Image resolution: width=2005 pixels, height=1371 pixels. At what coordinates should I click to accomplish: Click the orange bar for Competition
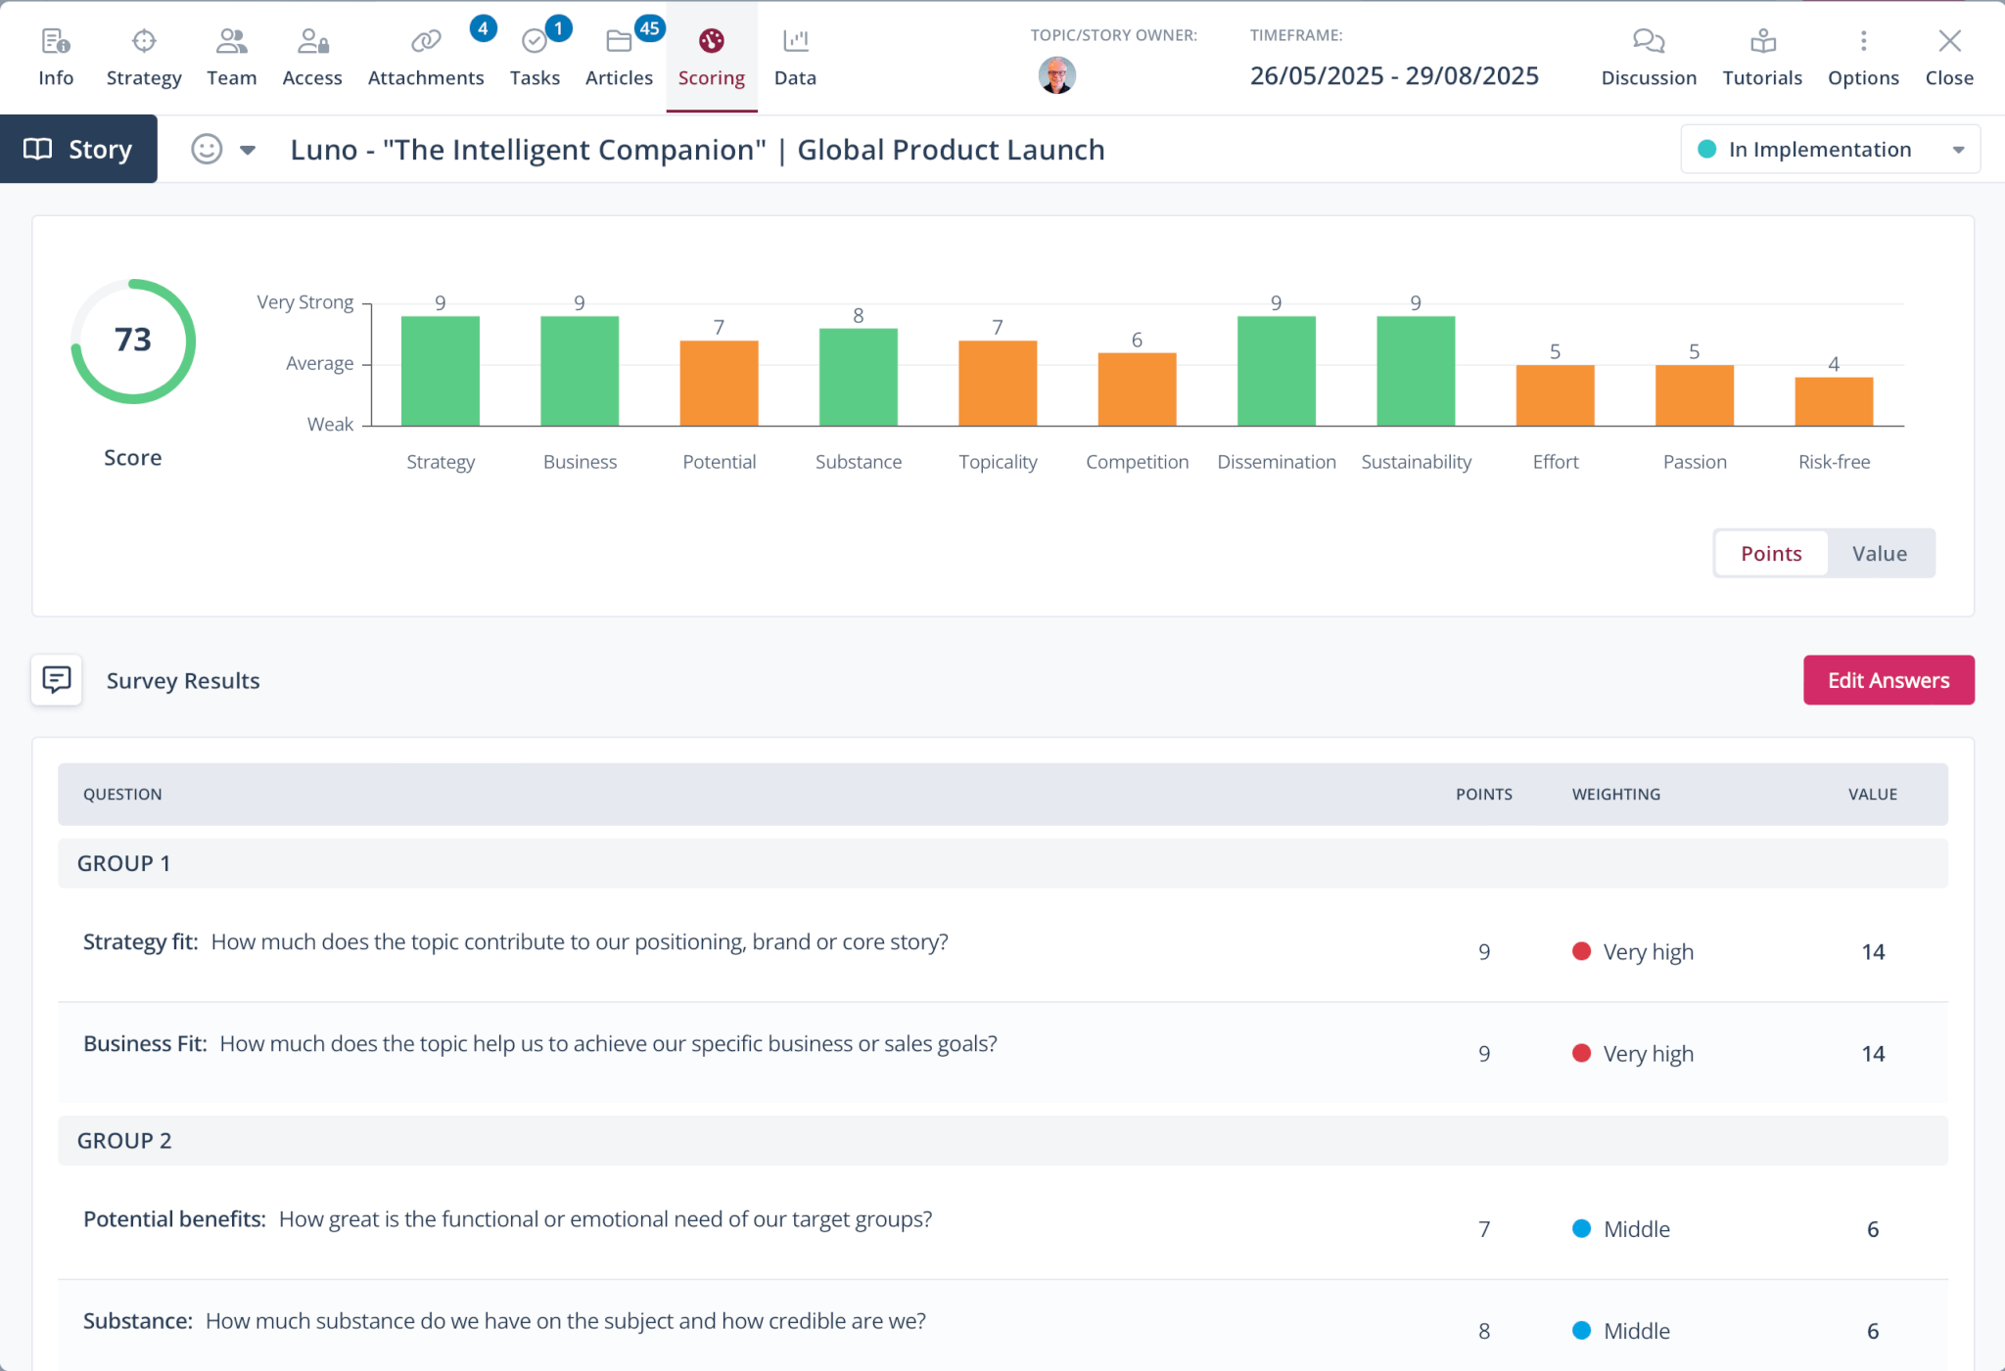[1137, 388]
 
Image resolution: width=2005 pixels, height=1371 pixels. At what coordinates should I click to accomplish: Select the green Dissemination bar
[1276, 371]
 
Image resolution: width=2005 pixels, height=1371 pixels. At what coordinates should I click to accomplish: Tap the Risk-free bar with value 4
[1834, 401]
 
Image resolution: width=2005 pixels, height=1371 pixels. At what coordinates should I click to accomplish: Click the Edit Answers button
[1888, 680]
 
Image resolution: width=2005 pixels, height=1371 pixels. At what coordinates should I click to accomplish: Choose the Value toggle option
[1879, 554]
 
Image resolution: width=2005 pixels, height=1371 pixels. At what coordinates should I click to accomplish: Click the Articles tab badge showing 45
[650, 28]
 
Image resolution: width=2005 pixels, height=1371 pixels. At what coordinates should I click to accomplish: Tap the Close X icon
[1949, 41]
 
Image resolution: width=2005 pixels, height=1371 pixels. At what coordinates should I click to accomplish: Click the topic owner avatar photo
[1056, 75]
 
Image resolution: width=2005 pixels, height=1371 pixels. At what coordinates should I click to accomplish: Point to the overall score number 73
[133, 340]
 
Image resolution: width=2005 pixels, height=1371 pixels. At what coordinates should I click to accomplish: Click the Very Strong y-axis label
[304, 302]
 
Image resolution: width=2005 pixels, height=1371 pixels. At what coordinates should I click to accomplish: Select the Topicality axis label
[997, 462]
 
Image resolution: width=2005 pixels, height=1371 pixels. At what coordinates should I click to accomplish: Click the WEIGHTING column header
[1615, 795]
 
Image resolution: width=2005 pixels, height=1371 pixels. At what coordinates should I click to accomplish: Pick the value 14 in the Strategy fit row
[1872, 952]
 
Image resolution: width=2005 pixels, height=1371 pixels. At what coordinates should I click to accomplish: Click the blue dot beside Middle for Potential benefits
[1581, 1228]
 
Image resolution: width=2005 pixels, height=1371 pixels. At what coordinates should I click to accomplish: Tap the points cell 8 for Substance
[1484, 1331]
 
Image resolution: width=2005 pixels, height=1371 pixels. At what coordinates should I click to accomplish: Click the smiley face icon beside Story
[207, 149]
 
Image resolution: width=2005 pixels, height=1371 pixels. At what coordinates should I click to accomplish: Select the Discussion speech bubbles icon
[1649, 41]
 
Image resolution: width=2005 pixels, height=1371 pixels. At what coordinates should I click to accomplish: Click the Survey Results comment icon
[57, 680]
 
